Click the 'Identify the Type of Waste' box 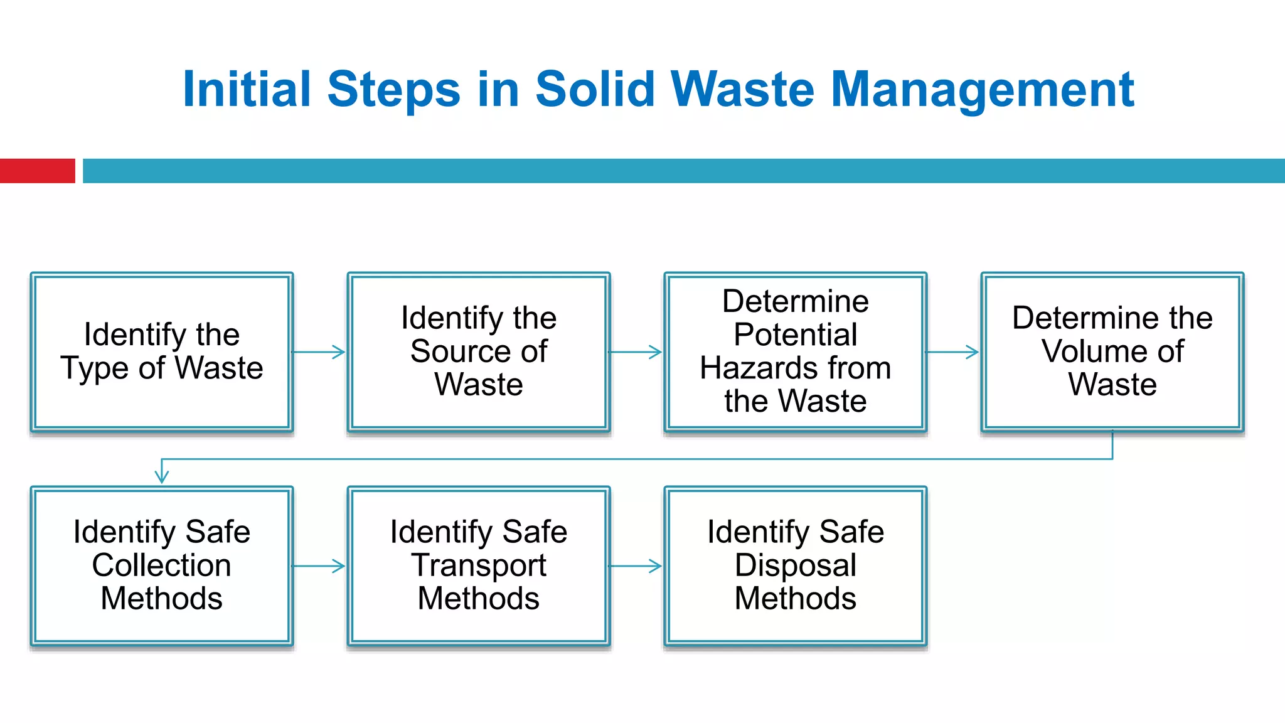point(162,351)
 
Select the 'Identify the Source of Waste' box point(479,351)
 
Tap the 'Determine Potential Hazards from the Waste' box point(796,351)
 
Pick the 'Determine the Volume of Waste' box point(1112,351)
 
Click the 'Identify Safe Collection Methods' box point(162,565)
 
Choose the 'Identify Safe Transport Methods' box point(479,565)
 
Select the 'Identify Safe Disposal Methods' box point(796,565)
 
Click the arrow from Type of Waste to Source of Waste point(319,352)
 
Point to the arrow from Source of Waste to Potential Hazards point(636,352)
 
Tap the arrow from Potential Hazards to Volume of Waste point(953,352)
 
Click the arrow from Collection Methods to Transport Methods point(319,566)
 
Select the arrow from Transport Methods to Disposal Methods point(636,566)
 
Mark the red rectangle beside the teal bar point(37,171)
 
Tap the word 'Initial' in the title point(247,90)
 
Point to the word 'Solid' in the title point(595,90)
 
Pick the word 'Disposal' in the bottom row point(796,565)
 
